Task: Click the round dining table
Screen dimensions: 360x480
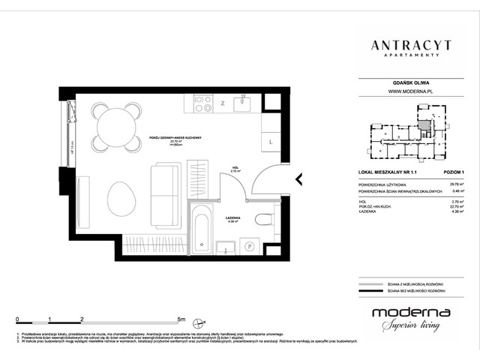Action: (x=115, y=125)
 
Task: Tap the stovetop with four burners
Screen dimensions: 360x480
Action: (x=204, y=103)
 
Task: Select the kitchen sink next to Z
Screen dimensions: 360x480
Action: (x=244, y=104)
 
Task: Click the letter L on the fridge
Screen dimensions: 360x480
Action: (x=270, y=141)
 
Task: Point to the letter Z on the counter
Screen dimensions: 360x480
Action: (x=223, y=103)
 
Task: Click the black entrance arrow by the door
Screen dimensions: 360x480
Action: (x=298, y=178)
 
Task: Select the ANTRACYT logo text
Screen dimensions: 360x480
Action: (x=411, y=46)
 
